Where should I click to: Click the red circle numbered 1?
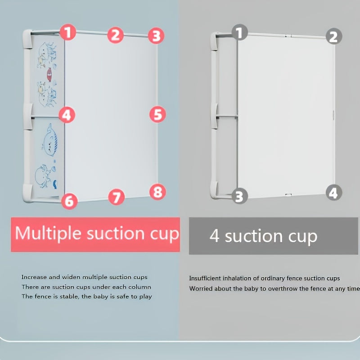68,32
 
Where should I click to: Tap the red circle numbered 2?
116,35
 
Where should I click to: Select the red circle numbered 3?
156,36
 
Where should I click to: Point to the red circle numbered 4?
67,115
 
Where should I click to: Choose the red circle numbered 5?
157,114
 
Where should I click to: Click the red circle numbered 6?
69,201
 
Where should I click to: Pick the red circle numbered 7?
116,197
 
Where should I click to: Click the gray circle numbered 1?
239,32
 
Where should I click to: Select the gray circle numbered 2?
333,36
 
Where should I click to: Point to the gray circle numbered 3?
239,196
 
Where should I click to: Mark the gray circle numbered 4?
333,193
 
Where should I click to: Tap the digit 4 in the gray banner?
215,236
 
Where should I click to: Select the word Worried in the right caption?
201,288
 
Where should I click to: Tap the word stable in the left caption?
66,297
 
